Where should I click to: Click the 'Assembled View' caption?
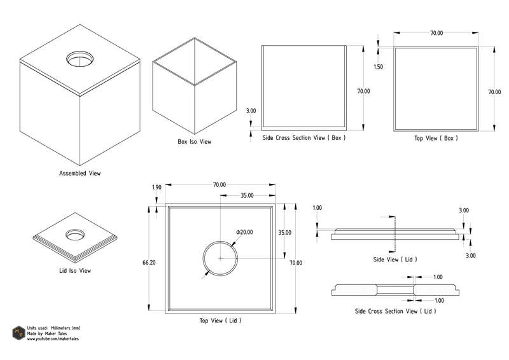coord(80,173)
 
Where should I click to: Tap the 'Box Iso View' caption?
coord(194,142)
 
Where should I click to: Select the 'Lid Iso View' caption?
coord(74,271)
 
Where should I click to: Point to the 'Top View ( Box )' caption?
coord(436,137)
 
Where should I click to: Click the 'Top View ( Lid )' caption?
coord(220,321)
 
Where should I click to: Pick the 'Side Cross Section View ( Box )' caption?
coord(304,137)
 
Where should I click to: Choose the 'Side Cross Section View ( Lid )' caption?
coord(395,311)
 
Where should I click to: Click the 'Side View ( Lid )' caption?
coord(394,260)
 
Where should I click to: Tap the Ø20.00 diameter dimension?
coord(244,232)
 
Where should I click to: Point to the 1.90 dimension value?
coord(157,188)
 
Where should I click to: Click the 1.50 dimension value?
coord(379,67)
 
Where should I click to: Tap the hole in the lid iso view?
coord(75,234)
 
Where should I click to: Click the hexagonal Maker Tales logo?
coord(18,333)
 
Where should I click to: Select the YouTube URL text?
coord(55,340)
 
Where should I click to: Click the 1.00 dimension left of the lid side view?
coord(318,207)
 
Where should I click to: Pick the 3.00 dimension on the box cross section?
coord(251,111)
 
